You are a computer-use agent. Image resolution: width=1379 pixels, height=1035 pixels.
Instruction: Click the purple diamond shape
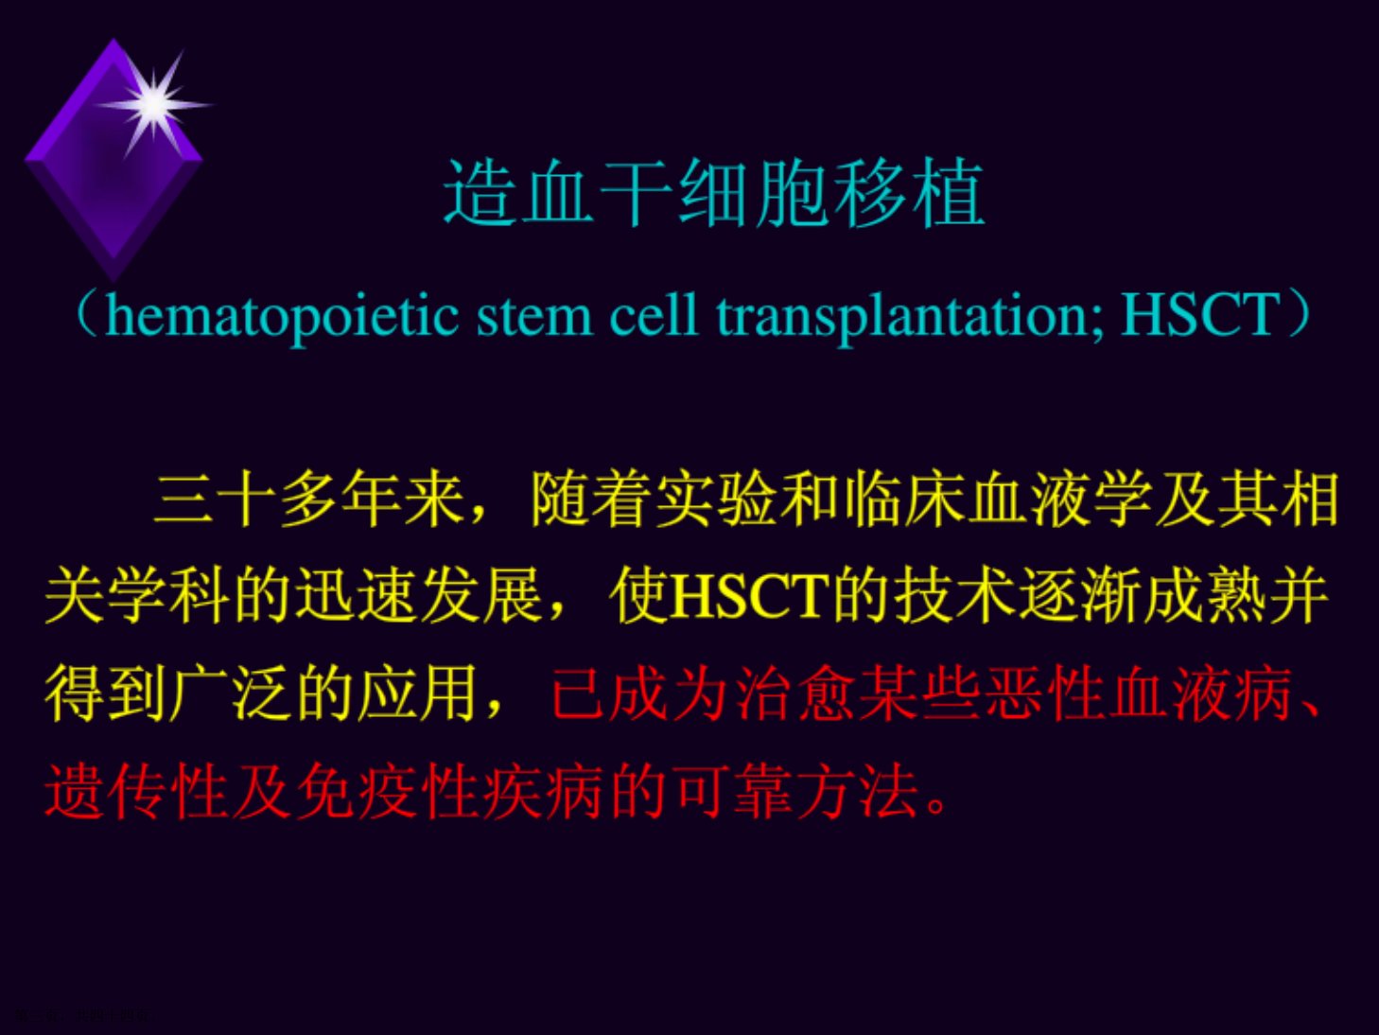pos(113,160)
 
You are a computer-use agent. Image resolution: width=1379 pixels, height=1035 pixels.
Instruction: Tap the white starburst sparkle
pos(154,105)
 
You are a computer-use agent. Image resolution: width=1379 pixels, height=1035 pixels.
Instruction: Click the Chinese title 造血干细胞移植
pos(714,192)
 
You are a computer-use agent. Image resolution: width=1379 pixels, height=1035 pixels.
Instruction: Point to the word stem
pos(534,317)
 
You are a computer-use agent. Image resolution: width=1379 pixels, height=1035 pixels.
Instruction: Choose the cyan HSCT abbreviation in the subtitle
pos(1199,315)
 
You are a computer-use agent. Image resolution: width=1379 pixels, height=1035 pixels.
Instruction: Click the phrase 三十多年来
pos(309,499)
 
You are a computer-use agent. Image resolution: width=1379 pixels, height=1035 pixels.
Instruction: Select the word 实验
pos(717,499)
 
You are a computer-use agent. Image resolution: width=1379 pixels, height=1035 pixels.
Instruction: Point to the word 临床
pos(905,499)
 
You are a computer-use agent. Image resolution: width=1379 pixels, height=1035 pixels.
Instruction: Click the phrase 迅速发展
pos(419,596)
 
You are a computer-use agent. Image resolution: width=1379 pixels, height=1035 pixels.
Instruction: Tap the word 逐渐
pos(1080,596)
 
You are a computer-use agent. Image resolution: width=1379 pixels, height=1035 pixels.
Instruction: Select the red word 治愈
pos(797,693)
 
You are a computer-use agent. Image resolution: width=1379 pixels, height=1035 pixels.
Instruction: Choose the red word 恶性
pos(1047,693)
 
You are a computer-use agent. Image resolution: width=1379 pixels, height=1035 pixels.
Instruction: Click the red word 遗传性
pos(136,791)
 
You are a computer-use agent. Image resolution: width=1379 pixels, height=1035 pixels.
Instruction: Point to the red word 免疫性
pos(388,791)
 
